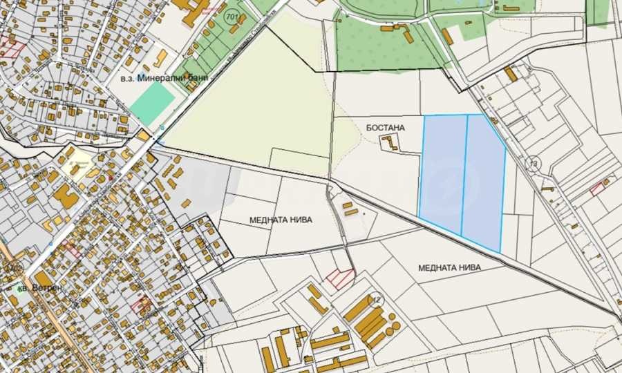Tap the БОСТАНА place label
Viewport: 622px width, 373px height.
(385, 127)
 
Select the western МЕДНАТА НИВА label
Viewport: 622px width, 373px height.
(281, 220)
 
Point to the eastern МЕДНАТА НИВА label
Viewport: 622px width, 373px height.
(449, 267)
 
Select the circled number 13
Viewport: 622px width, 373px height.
(533, 164)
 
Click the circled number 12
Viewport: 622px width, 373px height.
(376, 299)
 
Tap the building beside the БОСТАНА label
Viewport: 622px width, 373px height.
(390, 143)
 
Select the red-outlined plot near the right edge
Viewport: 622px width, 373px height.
(598, 188)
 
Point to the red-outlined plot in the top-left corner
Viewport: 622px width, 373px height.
(12, 47)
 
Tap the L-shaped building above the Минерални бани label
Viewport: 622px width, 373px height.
(160, 57)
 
